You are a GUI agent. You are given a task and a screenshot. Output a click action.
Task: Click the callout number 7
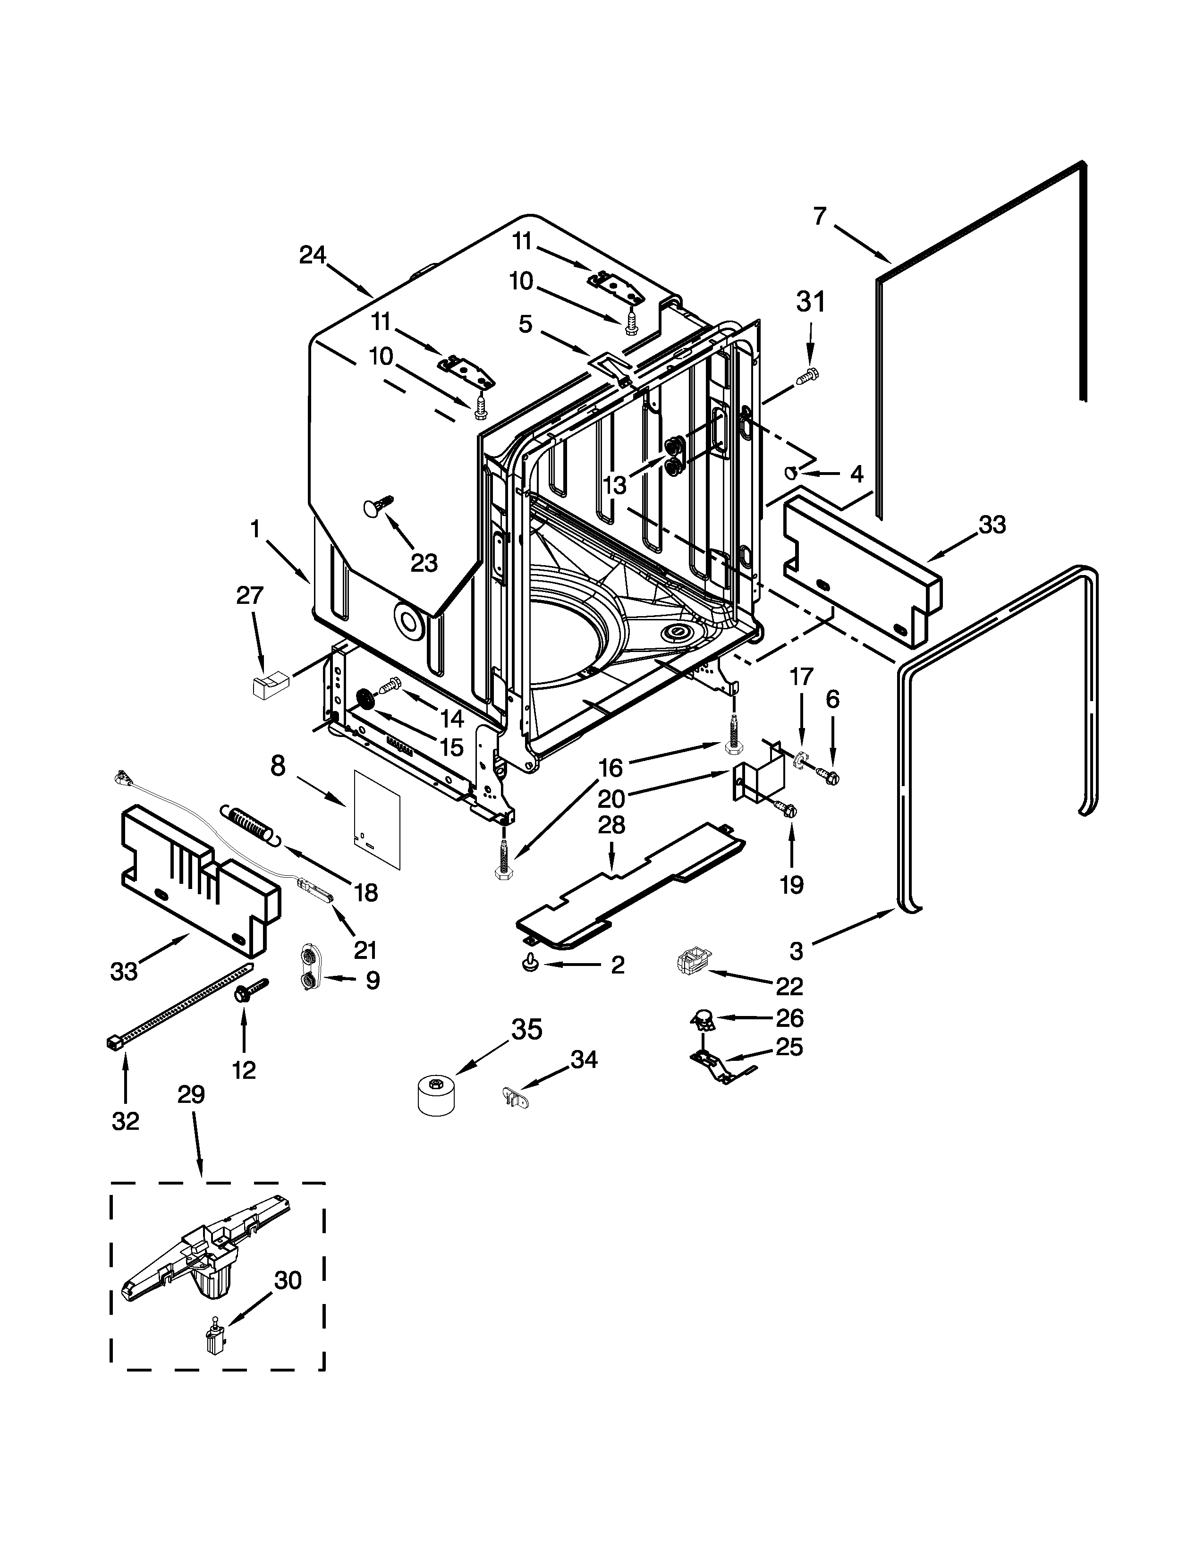click(x=820, y=215)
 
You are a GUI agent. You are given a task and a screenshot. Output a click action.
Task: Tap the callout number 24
click(x=313, y=254)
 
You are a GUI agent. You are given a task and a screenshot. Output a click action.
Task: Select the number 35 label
click(x=527, y=1029)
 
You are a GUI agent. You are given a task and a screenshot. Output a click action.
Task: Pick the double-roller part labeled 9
click(x=309, y=967)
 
